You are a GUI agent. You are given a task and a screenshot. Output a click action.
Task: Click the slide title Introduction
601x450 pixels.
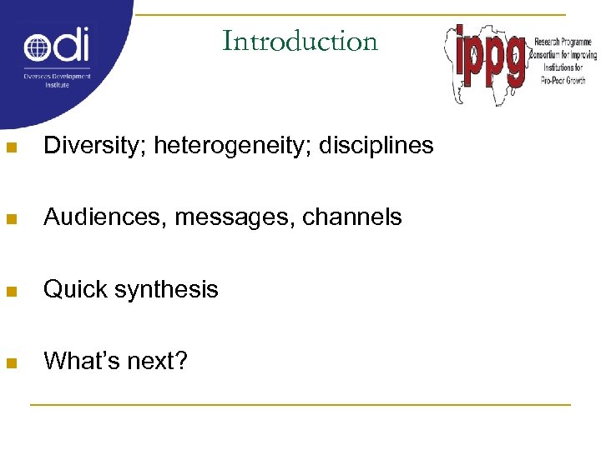(x=300, y=41)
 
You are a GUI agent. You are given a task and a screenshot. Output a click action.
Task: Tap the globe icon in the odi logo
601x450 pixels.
(x=38, y=47)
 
